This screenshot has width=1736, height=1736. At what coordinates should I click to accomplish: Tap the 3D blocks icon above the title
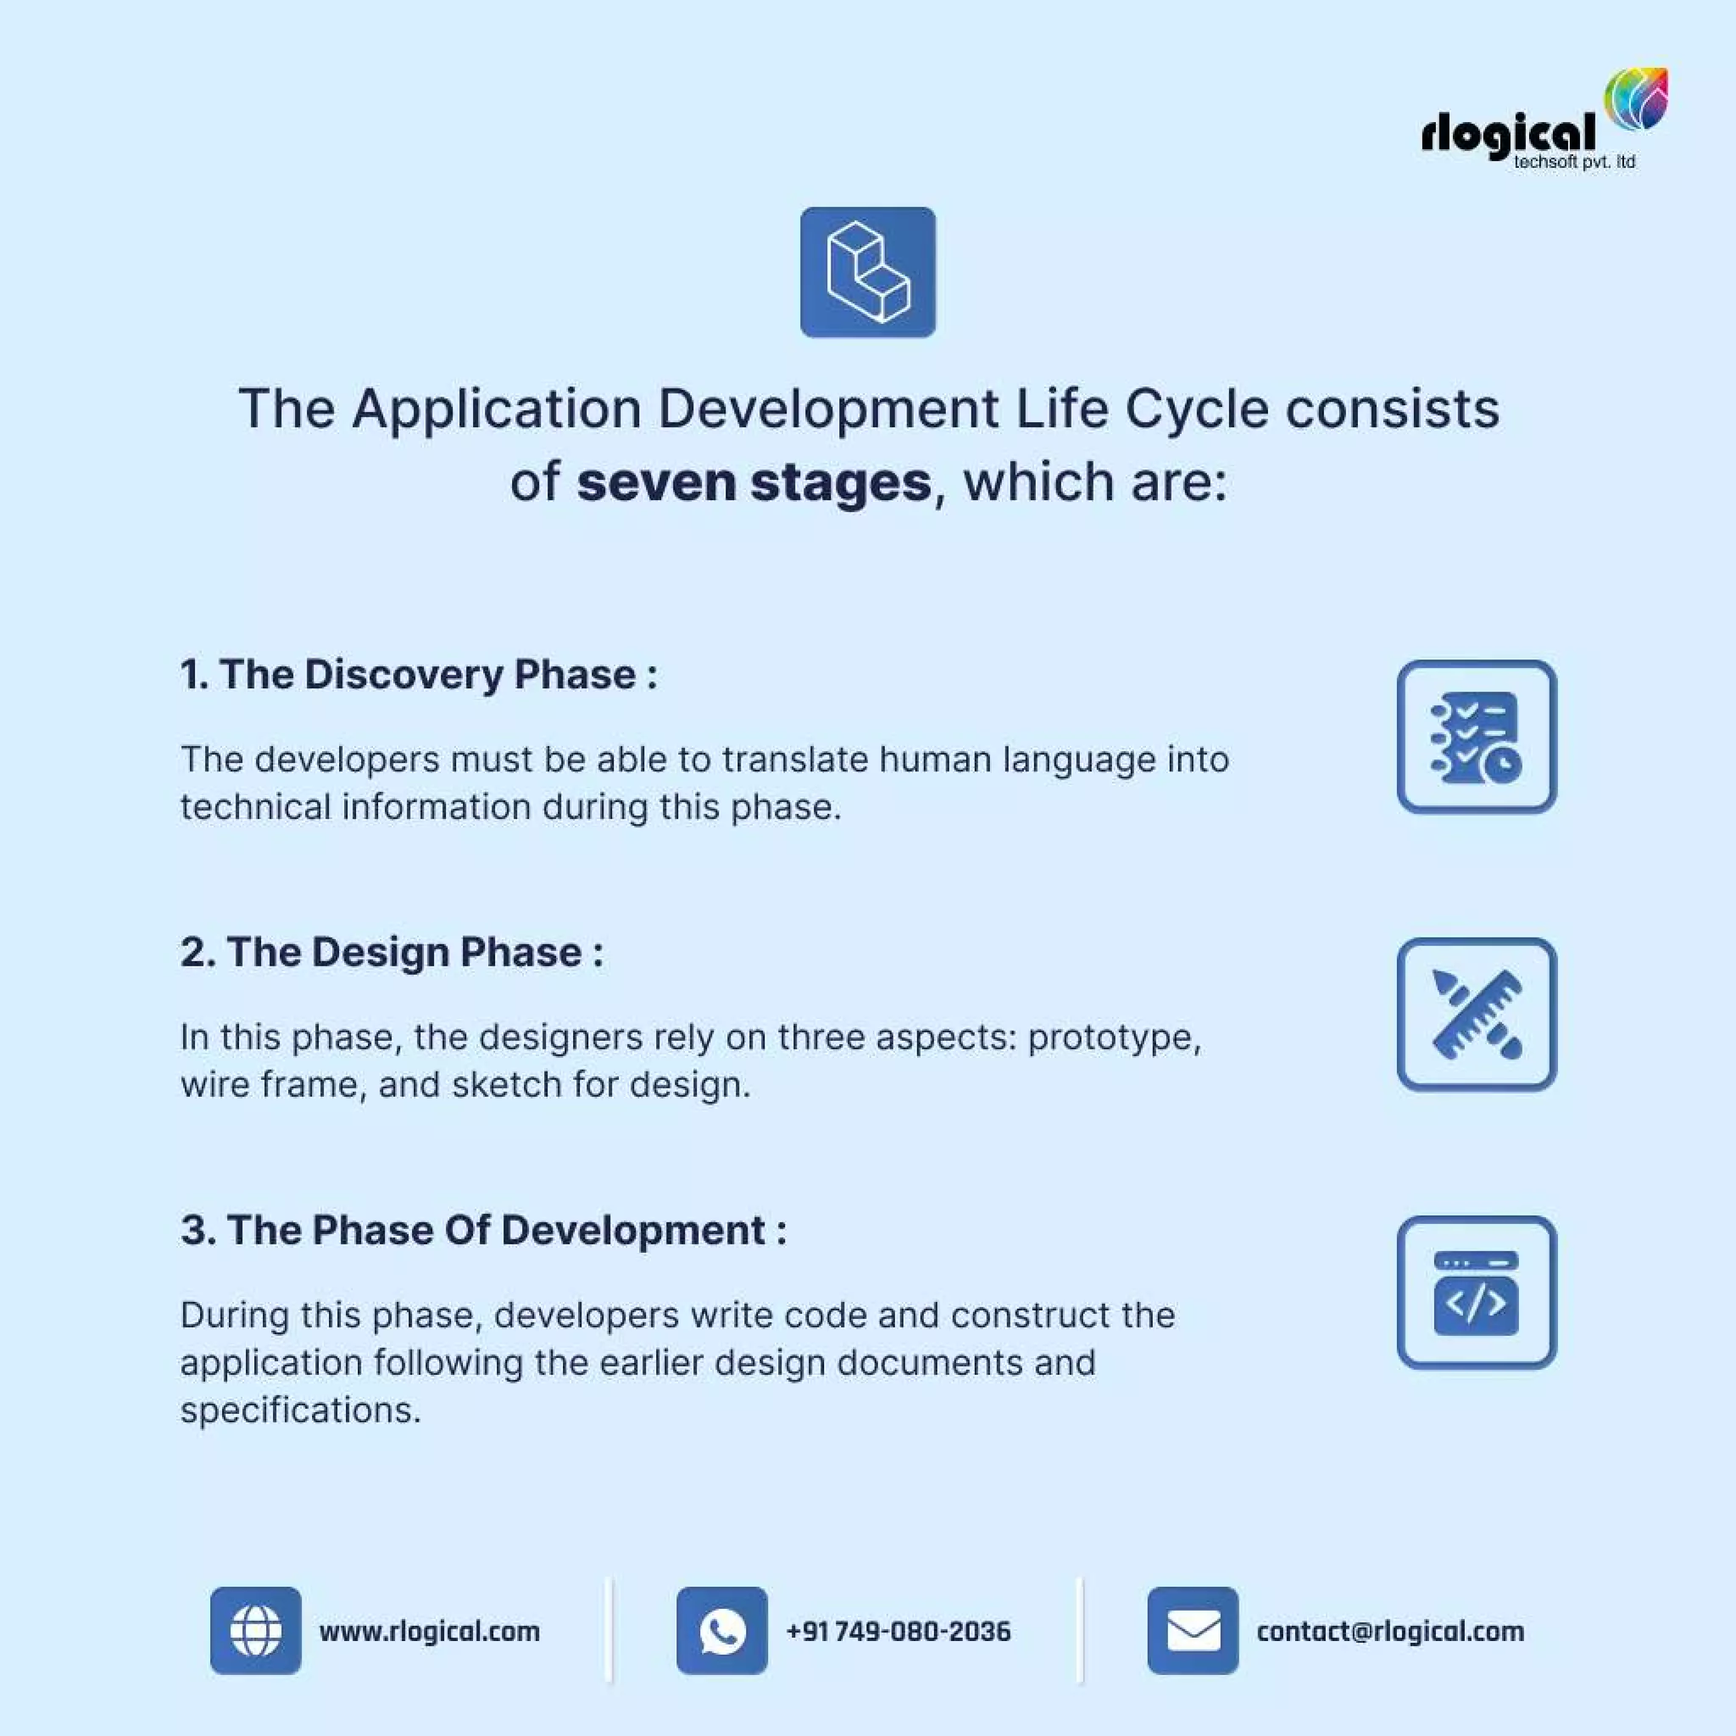click(867, 272)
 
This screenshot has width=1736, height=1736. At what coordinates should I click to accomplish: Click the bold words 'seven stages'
click(753, 482)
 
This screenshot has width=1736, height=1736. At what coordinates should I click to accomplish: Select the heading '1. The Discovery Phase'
click(418, 675)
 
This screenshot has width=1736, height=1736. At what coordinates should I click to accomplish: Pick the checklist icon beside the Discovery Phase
click(1476, 737)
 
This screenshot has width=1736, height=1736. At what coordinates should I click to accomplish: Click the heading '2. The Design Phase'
click(391, 953)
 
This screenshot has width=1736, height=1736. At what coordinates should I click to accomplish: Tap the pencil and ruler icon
click(1476, 1015)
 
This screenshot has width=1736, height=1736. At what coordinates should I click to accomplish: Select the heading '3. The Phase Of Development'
click(482, 1230)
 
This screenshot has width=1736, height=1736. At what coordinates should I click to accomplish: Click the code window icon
click(1476, 1292)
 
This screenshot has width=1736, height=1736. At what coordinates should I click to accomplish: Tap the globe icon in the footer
click(255, 1631)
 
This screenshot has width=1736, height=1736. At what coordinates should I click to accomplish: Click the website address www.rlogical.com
click(430, 1632)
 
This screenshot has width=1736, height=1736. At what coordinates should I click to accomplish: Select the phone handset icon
click(721, 1631)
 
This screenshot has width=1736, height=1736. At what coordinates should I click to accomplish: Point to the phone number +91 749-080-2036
click(898, 1632)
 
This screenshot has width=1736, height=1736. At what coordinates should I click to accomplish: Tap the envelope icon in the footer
click(1193, 1631)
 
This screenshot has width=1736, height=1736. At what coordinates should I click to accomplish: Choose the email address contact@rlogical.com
click(1390, 1632)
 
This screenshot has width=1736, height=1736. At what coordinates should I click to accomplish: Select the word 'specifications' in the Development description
click(299, 1411)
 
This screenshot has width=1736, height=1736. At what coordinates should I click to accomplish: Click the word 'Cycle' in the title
click(1196, 409)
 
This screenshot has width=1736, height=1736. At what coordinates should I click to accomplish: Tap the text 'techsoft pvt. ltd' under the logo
click(1574, 163)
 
